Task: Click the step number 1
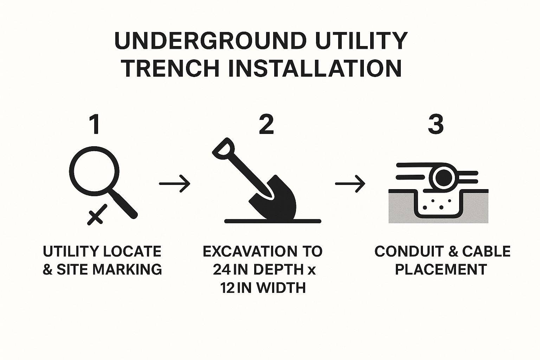(94, 125)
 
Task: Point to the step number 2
(266, 125)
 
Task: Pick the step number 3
(436, 125)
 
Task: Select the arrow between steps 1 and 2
(175, 184)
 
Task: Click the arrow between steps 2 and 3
(350, 184)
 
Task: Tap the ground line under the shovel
(272, 221)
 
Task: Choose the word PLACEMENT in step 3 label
(441, 270)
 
